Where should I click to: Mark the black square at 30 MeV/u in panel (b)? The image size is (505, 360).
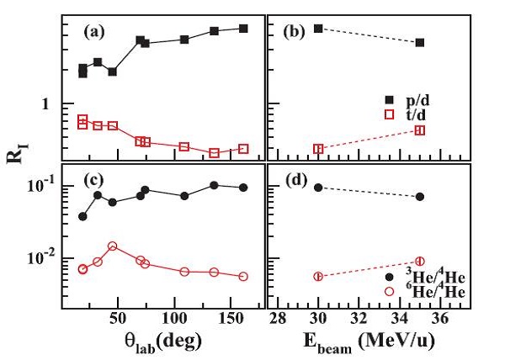tap(318, 29)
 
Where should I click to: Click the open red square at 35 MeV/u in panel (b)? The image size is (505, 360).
tap(420, 130)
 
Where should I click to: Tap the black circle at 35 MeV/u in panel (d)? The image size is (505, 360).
tap(420, 197)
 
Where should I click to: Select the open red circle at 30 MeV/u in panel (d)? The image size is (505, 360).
tap(318, 276)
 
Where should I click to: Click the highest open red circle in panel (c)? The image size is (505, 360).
tap(113, 246)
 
